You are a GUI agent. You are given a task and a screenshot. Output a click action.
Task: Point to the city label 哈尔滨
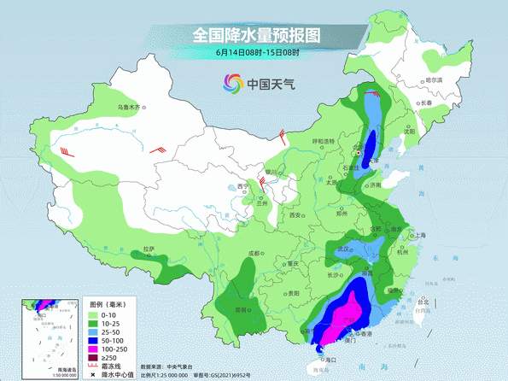click(435, 79)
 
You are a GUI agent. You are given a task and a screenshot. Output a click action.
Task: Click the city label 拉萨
click(149, 249)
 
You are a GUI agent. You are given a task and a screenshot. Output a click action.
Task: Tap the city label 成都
click(253, 253)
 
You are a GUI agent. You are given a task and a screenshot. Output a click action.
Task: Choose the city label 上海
click(419, 234)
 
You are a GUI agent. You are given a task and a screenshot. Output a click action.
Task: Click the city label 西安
click(295, 216)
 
